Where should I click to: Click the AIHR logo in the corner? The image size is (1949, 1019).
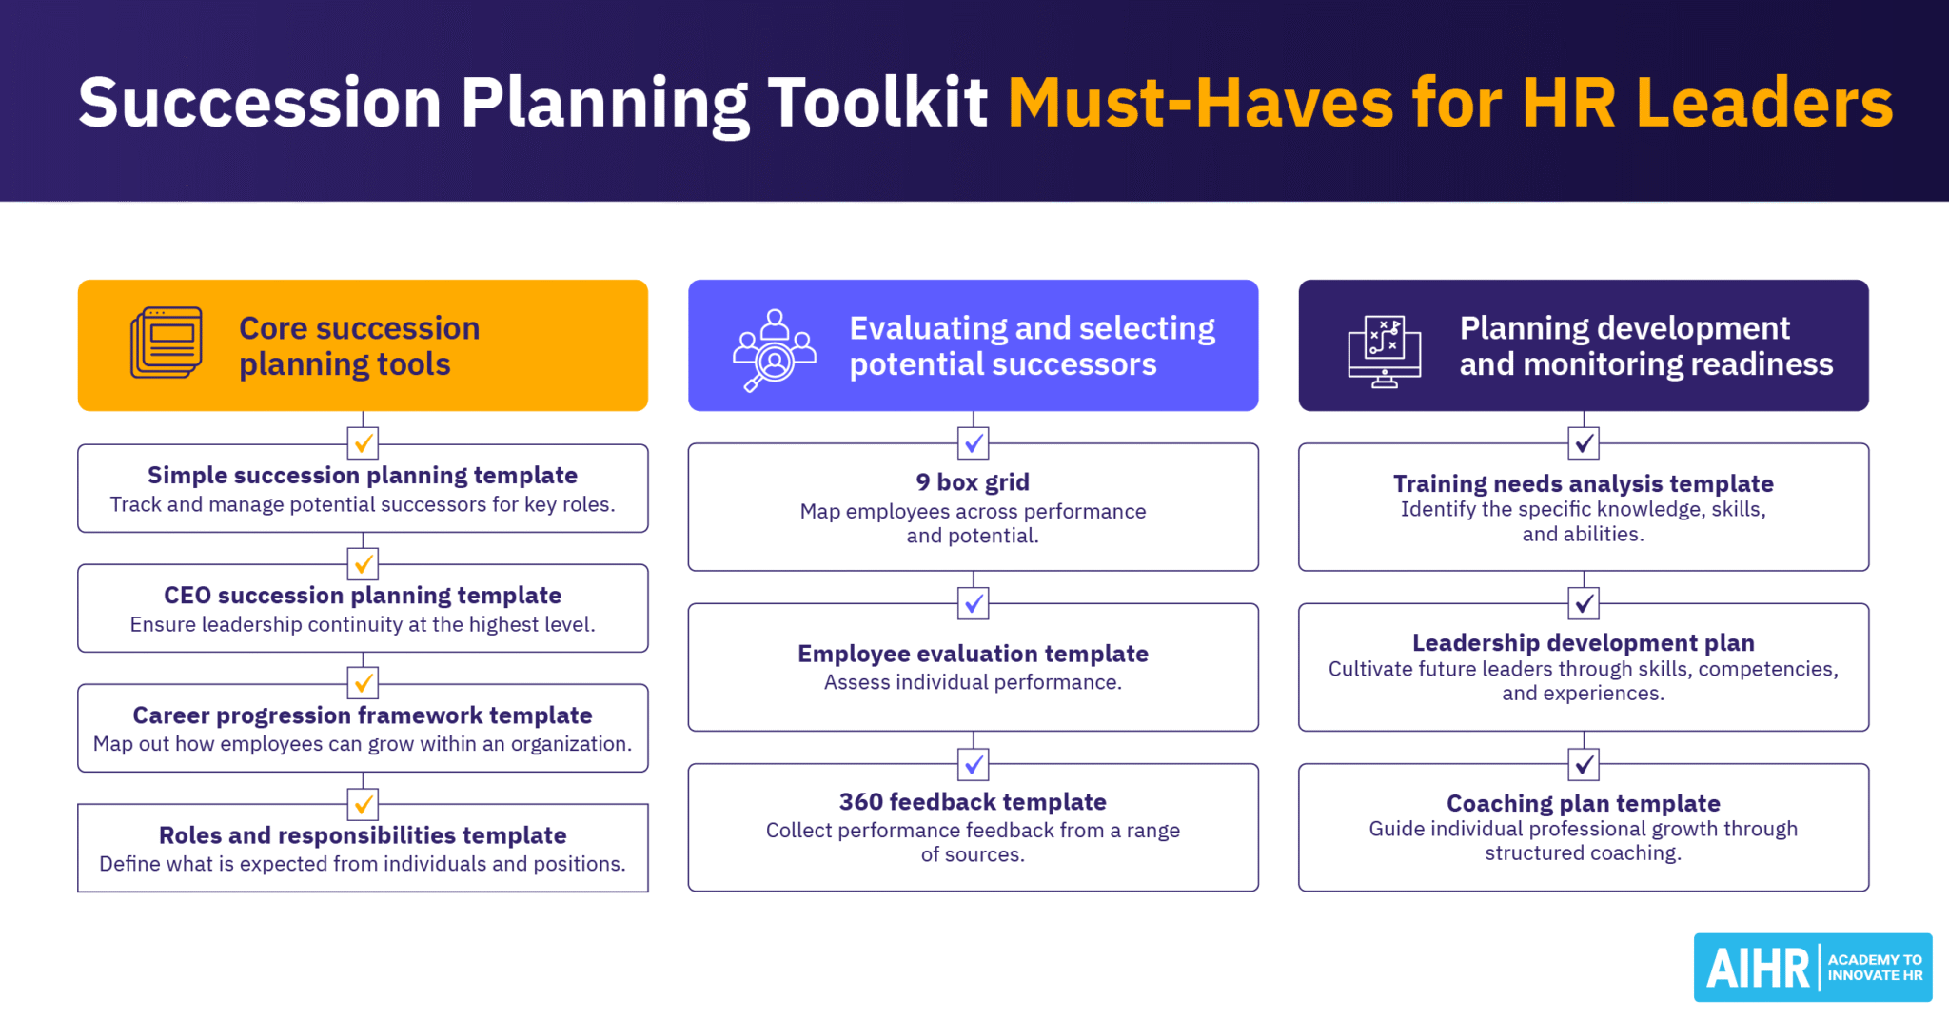[1812, 968]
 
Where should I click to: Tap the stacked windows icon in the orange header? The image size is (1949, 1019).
[167, 343]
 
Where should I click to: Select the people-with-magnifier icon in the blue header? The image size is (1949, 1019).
[774, 350]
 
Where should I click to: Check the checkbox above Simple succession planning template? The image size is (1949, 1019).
[363, 442]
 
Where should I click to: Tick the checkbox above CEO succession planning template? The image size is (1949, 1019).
[363, 563]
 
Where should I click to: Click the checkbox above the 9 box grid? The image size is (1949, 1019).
[973, 442]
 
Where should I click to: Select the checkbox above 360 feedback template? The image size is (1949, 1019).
[973, 763]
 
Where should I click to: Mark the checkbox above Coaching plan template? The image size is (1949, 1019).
[1584, 763]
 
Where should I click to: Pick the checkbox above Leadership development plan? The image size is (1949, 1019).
[1584, 602]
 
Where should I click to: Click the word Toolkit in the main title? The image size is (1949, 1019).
[877, 103]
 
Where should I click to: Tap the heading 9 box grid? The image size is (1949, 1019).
[973, 482]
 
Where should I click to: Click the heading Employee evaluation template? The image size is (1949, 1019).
[973, 654]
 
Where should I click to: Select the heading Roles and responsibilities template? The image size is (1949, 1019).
[363, 835]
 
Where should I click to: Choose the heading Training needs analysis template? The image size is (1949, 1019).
[1584, 484]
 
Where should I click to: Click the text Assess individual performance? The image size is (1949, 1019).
[973, 682]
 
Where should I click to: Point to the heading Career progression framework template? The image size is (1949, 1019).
[363, 715]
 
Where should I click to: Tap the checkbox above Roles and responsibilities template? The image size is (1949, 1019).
[363, 804]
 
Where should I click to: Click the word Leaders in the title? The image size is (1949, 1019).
[1764, 103]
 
